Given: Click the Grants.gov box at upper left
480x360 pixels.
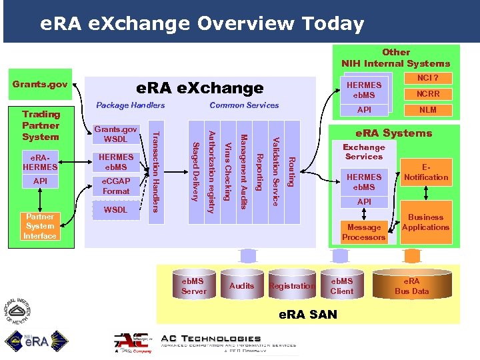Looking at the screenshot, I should coord(41,84).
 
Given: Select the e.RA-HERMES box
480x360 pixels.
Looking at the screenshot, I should coord(40,162).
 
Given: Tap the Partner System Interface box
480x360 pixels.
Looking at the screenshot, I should coord(40,226).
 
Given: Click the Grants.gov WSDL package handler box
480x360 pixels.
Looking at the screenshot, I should coord(116,133).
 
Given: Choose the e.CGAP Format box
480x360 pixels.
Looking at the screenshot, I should coord(116,186).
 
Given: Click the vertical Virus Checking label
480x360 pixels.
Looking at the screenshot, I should coord(228,171).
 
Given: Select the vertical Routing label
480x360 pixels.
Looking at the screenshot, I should coord(291,171).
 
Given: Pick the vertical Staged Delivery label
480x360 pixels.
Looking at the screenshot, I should coord(196,171).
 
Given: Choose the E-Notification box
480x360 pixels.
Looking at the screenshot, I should coord(425,172).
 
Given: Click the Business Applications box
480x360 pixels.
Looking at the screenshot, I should coord(425,222).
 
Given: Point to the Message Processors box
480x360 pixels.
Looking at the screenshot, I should coord(364,231).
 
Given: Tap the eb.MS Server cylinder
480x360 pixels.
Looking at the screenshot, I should coord(194,285).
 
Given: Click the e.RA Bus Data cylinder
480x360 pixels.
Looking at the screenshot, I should coord(411,285).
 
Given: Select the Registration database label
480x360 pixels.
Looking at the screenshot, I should coord(291,286).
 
